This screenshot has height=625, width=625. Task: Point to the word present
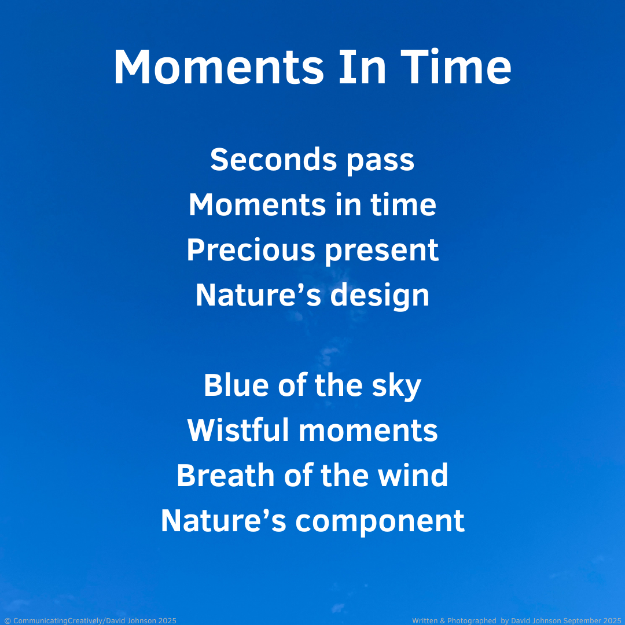(382, 251)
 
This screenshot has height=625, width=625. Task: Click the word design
(380, 296)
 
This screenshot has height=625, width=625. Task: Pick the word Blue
(236, 385)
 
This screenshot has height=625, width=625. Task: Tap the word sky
(396, 387)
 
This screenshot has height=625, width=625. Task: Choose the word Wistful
(238, 430)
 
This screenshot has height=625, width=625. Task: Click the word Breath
(226, 475)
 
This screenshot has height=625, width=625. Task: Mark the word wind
(413, 475)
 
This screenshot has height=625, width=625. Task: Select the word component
(380, 522)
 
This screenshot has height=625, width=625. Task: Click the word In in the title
(362, 67)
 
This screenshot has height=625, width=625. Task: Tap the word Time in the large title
(455, 67)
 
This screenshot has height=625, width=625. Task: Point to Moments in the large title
(219, 67)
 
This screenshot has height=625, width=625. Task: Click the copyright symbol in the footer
(8, 620)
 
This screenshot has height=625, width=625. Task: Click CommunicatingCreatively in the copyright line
(58, 620)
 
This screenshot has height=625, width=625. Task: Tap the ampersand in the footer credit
(443, 620)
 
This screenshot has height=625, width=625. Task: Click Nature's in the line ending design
(258, 295)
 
